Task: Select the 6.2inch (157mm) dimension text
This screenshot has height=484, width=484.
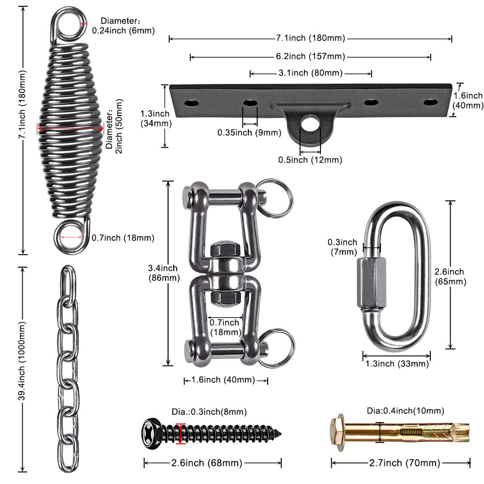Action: [310, 57]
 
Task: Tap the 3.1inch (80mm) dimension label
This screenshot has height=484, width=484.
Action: [310, 73]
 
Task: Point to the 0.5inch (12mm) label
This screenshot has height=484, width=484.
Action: [310, 160]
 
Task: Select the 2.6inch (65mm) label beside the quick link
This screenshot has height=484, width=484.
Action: [450, 276]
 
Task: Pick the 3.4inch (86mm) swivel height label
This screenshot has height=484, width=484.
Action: [164, 273]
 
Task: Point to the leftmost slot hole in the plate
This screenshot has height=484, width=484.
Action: [192, 102]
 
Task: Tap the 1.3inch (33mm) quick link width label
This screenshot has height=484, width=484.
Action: [396, 364]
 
